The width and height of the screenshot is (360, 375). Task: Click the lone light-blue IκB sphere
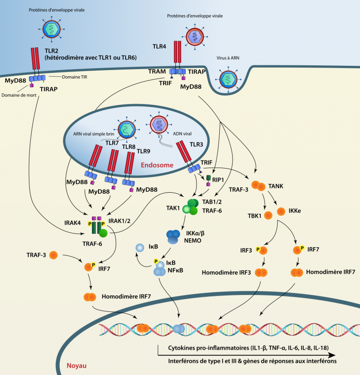(x=139, y=248)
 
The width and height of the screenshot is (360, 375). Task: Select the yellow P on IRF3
(x=259, y=248)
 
